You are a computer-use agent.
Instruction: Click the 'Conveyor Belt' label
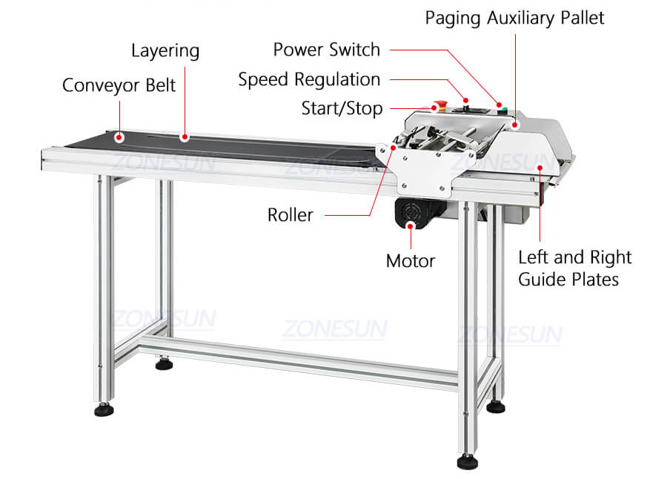coord(119,85)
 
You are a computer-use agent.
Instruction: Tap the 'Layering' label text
coord(165,51)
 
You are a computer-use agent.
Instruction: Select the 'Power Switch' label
coord(326,50)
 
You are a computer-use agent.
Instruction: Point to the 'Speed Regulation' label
coord(309,79)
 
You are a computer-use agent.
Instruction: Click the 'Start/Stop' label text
coord(342,109)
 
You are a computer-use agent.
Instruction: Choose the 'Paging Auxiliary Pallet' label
coord(514,18)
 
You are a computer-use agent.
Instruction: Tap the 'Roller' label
coord(291,216)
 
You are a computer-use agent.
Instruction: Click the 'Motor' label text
coord(410,261)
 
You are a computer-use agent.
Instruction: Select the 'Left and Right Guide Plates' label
coord(574,268)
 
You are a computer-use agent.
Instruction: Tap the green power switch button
coord(505,111)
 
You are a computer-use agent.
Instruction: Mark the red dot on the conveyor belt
coord(119,136)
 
